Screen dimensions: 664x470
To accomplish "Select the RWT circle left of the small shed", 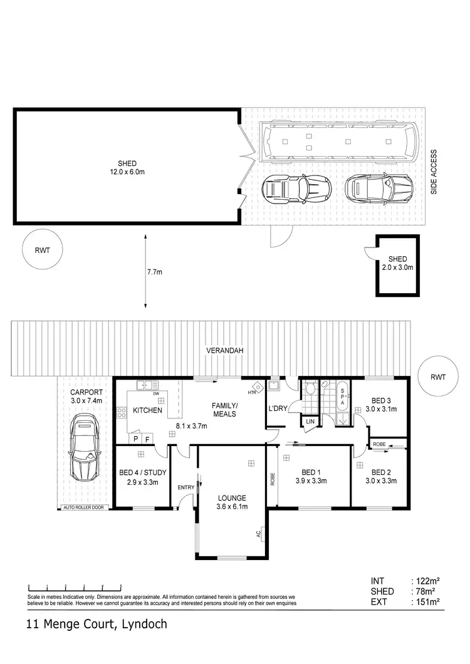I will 38,249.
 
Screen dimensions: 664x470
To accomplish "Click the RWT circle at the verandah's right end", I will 437,377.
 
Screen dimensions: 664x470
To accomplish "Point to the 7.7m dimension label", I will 154,272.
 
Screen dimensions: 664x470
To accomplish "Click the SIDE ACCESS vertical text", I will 433,172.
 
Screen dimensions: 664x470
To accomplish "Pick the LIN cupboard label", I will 310,422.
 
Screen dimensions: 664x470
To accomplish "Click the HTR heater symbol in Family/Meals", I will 254,389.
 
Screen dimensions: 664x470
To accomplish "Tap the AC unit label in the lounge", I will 258,534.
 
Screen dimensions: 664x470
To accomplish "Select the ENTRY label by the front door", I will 185,487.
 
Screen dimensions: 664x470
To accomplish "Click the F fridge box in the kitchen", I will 147,439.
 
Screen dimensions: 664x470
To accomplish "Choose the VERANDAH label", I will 224,351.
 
